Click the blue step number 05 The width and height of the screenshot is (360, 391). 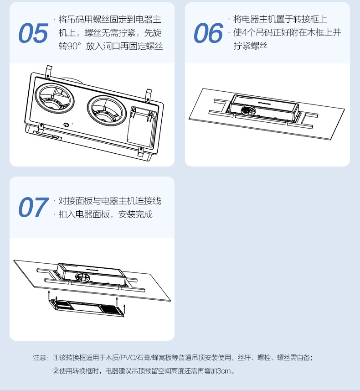click(x=33, y=33)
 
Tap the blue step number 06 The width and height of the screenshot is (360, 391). click(x=208, y=33)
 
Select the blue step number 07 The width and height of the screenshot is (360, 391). click(x=33, y=207)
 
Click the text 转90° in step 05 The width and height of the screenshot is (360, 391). click(x=70, y=46)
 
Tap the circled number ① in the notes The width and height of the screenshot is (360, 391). click(x=56, y=358)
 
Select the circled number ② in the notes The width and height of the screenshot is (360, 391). click(x=56, y=371)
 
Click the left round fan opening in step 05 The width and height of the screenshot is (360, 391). click(x=55, y=98)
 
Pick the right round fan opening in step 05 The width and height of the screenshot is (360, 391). click(x=107, y=110)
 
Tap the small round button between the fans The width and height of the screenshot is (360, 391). click(x=66, y=125)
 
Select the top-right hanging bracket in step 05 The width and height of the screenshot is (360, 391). click(x=149, y=95)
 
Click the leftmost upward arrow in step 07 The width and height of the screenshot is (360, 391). click(x=49, y=294)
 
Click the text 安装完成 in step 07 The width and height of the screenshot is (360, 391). click(x=135, y=214)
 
